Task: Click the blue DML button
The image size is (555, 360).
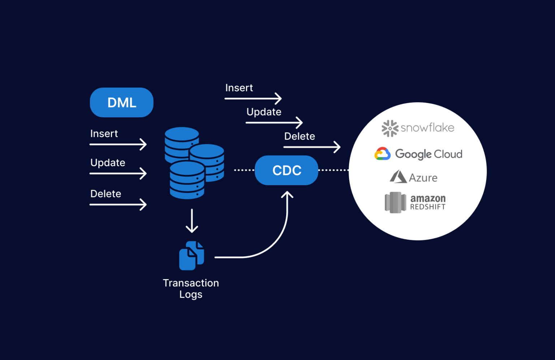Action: click(121, 103)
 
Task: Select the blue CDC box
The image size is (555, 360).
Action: click(287, 170)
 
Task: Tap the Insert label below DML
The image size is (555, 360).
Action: click(104, 134)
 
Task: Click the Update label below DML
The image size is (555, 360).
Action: click(108, 163)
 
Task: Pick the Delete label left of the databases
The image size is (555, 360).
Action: click(106, 194)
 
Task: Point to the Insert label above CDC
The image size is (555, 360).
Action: click(239, 88)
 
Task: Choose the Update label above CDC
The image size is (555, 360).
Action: click(264, 112)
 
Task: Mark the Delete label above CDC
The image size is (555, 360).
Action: click(300, 136)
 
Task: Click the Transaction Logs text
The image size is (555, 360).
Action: click(191, 289)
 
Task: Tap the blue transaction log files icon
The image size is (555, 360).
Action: click(192, 256)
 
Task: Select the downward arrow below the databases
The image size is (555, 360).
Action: click(192, 221)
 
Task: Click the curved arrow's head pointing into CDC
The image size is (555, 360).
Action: click(287, 195)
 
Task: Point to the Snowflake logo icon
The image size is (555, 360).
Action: click(390, 128)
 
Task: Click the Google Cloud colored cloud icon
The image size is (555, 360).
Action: click(383, 154)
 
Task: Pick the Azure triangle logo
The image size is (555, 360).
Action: click(398, 177)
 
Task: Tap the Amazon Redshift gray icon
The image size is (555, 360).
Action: click(395, 203)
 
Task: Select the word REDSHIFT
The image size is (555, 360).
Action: click(428, 207)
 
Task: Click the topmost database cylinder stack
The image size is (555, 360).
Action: click(181, 142)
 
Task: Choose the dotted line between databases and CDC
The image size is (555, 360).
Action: click(244, 170)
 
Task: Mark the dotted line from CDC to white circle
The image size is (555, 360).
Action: click(333, 170)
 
